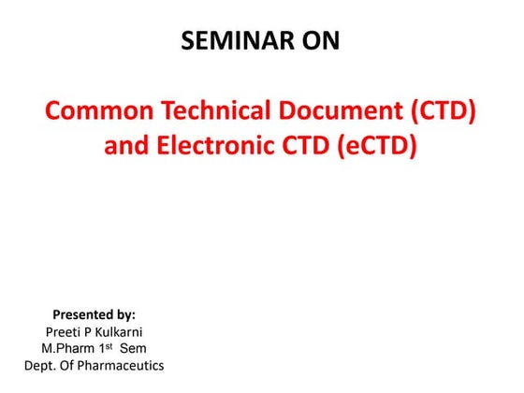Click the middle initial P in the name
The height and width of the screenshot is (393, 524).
click(x=92, y=331)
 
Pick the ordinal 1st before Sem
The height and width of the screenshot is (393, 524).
click(x=111, y=347)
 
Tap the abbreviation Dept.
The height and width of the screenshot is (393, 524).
click(x=42, y=365)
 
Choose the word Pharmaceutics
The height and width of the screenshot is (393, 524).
click(x=124, y=365)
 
